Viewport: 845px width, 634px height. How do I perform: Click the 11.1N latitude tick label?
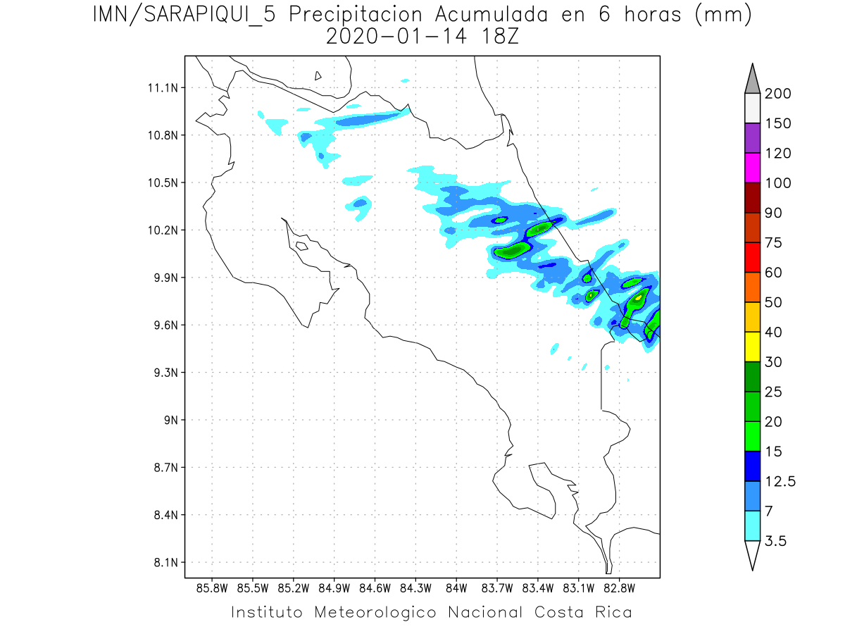coord(161,88)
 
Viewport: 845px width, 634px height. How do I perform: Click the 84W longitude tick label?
coord(456,587)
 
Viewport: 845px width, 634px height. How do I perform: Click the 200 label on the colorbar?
coord(777,94)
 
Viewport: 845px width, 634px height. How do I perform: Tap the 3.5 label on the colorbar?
coord(775,541)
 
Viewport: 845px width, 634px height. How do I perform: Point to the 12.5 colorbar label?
coord(779,482)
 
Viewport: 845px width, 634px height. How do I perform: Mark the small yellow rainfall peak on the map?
coord(639,297)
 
